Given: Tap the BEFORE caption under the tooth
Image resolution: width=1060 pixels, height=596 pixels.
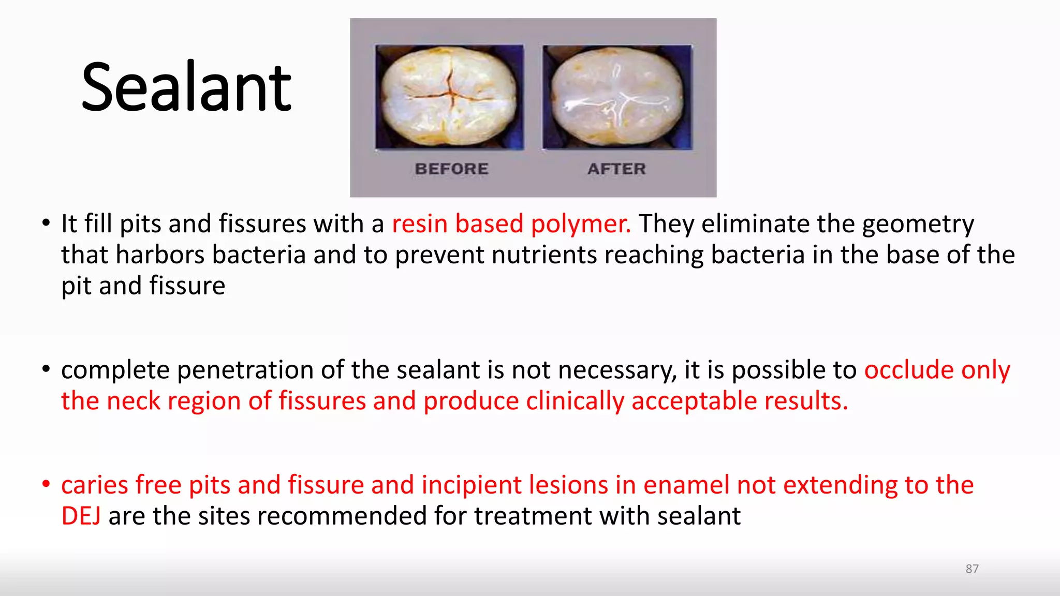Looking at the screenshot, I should coord(451,169).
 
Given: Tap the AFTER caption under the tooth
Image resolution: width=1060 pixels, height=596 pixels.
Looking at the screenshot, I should coord(616,169).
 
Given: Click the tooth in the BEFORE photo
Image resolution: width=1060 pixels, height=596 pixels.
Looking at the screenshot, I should coord(449,97).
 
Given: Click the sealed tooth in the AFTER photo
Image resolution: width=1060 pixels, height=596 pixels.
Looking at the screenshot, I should coord(617,97).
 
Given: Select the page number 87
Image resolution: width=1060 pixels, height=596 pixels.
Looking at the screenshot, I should coord(972,569).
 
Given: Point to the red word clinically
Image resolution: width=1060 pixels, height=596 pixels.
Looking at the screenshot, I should coord(575,401).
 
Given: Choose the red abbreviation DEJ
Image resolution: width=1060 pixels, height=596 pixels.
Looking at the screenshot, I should coord(81,516).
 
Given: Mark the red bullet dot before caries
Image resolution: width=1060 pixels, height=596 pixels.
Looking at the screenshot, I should coord(46,484).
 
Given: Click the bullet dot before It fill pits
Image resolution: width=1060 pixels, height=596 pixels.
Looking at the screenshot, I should coord(46,224).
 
